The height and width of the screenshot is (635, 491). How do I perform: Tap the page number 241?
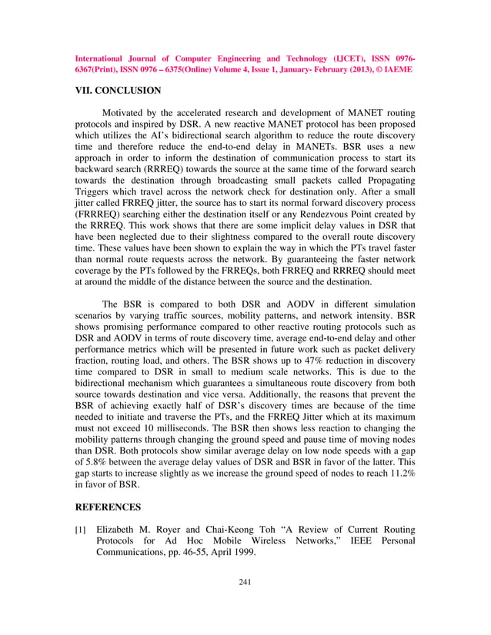(245, 582)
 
